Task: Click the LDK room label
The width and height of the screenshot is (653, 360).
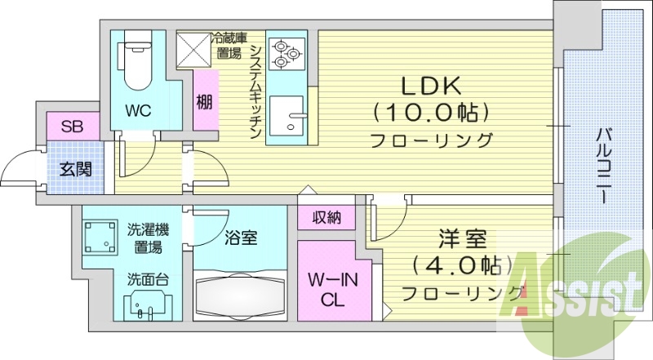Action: pos(431,85)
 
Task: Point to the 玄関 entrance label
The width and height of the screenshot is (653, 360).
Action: pos(74,171)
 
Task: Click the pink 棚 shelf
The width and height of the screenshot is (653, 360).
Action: pos(205,103)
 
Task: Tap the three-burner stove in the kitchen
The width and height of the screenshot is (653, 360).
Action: pos(286,52)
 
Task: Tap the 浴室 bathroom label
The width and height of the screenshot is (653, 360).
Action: pos(241,238)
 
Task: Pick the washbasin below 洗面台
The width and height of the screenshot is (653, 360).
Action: pos(148,307)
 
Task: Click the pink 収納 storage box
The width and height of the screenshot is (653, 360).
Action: pos(325,218)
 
